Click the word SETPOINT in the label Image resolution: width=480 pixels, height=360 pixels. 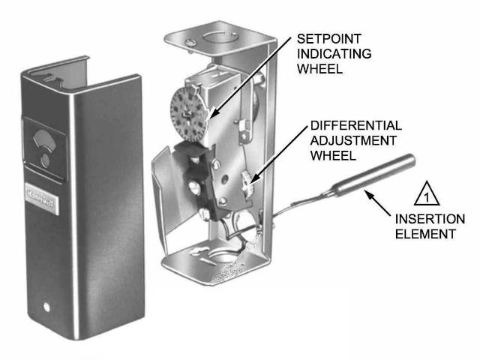(328, 38)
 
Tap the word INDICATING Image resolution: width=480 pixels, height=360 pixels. (333, 53)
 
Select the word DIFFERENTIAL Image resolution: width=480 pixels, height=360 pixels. (355, 125)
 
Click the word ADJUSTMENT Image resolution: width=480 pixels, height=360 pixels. (353, 140)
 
